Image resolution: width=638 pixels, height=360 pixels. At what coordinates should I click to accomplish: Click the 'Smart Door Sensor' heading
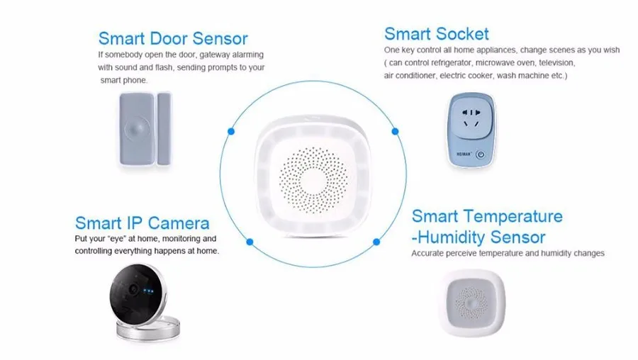[x=172, y=38]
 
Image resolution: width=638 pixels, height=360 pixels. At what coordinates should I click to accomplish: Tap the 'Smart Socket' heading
[x=436, y=33]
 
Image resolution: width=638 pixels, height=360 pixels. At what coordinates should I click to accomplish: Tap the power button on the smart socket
[x=481, y=153]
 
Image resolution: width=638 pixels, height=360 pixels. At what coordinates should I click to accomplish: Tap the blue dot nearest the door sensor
[x=231, y=130]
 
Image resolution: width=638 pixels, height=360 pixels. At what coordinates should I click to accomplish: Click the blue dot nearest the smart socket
[x=395, y=130]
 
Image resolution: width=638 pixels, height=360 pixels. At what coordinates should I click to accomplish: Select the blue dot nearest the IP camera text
[x=250, y=242]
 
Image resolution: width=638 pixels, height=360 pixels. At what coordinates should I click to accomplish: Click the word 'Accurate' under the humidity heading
[x=428, y=253]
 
